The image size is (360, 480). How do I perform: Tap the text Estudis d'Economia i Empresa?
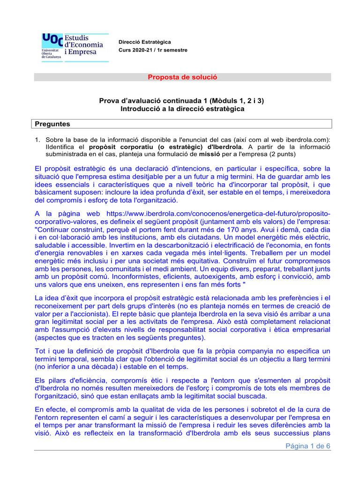83,45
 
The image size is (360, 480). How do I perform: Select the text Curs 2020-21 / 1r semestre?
152,50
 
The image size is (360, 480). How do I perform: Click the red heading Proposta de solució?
183,77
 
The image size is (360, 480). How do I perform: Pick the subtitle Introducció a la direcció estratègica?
183,108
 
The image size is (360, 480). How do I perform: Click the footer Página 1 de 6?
308,446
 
